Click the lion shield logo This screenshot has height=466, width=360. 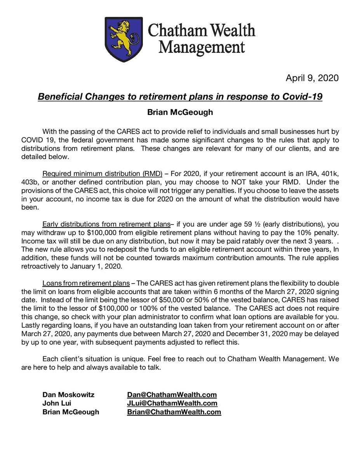(x=123, y=38)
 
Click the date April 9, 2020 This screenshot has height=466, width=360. (x=312, y=78)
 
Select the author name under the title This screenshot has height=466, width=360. (x=180, y=112)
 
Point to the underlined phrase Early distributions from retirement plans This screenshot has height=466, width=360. (x=106, y=224)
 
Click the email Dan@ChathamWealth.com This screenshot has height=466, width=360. (x=172, y=395)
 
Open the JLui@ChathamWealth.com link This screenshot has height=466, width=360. (x=172, y=403)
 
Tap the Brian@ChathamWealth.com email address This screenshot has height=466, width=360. (x=174, y=412)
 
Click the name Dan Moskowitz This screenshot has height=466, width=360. (x=68, y=395)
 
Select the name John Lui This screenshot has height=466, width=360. (x=57, y=403)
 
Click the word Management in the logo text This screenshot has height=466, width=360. (x=202, y=48)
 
